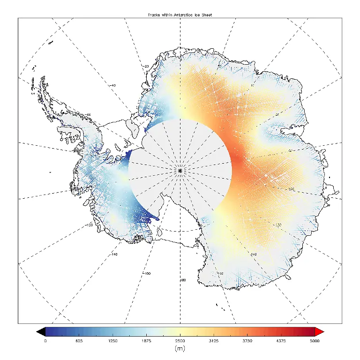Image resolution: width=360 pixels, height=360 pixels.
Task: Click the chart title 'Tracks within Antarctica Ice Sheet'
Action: point(180,15)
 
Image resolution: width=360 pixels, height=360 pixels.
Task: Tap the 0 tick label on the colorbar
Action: point(45,341)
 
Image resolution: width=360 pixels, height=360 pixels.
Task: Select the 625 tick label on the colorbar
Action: point(79,341)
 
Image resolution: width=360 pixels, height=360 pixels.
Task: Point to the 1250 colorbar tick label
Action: point(112,341)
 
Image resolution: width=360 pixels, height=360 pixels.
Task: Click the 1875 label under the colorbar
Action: point(146,341)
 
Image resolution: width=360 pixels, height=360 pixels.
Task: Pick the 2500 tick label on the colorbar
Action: point(180,341)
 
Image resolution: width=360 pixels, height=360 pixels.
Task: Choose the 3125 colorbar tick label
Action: point(214,341)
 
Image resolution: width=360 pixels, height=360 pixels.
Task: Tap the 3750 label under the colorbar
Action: point(247,341)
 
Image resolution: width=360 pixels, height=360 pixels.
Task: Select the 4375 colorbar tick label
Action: point(281,341)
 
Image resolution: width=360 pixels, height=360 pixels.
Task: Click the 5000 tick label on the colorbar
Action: point(315,341)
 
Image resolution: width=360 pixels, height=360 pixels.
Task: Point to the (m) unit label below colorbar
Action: point(180,349)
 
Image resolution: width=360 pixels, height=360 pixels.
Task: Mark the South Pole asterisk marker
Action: point(180,170)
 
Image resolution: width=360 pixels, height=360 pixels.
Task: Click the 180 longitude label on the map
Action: point(183,280)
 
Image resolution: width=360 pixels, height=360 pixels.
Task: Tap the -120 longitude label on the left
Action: point(89,225)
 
